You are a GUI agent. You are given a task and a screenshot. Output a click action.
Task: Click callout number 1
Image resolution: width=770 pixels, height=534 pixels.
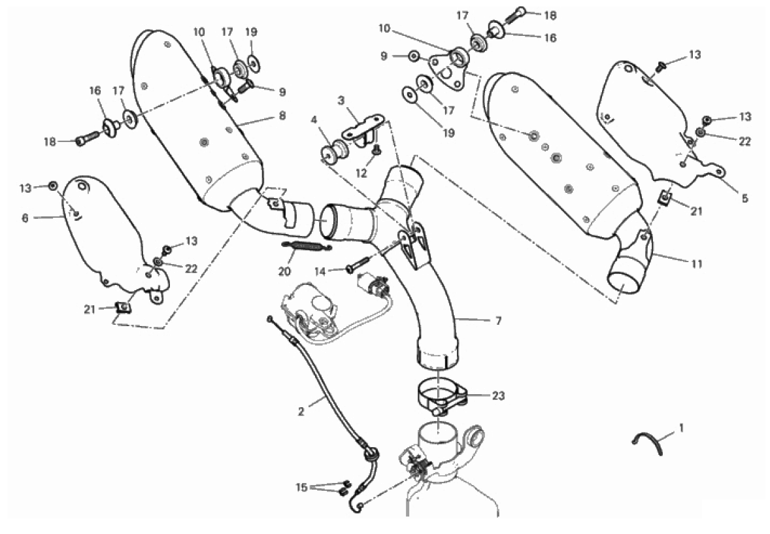(681, 428)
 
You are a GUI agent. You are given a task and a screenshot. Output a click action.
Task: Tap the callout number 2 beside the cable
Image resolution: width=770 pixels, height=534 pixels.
(301, 412)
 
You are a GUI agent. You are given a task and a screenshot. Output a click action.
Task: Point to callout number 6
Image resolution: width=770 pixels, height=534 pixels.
(25, 218)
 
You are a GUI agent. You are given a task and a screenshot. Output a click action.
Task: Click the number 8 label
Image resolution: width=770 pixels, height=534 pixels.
(282, 116)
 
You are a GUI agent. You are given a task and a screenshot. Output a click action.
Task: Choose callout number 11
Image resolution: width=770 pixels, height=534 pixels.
(697, 264)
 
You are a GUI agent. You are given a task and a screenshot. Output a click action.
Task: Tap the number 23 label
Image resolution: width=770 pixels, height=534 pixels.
(499, 395)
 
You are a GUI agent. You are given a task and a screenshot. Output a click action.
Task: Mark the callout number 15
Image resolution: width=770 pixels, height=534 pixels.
(301, 487)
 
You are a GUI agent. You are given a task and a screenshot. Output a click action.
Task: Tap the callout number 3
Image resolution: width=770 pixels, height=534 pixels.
(341, 101)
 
